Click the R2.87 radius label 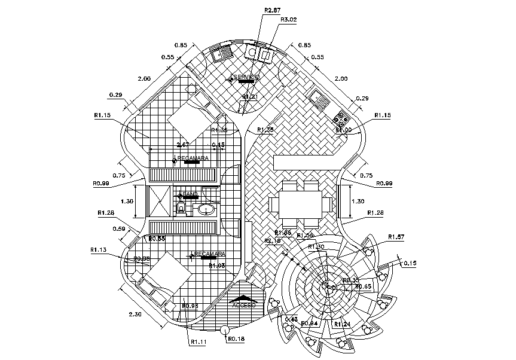click(x=272, y=10)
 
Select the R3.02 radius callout click(x=289, y=19)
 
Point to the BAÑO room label click(x=190, y=195)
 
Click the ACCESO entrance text click(x=244, y=305)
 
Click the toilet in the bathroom click(x=182, y=208)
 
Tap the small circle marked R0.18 click(x=225, y=330)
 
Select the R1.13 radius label click(x=99, y=249)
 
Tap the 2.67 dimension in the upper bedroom click(x=184, y=145)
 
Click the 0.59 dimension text click(x=120, y=228)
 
